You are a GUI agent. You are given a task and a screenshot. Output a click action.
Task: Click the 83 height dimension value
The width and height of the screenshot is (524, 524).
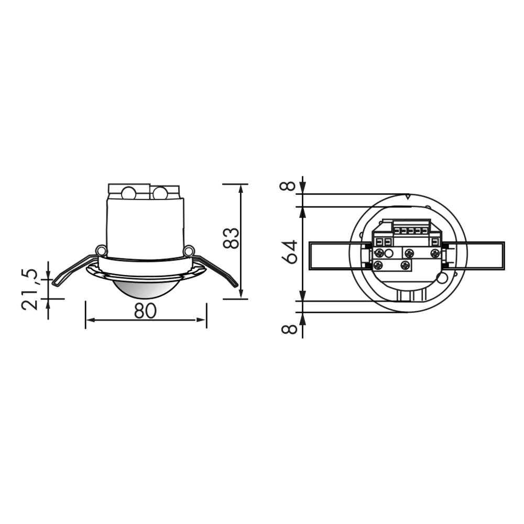point(231,238)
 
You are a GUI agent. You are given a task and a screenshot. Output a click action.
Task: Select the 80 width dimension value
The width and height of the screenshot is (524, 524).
point(145,311)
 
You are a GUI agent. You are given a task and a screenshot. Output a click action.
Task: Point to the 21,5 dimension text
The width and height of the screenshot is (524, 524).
point(30,290)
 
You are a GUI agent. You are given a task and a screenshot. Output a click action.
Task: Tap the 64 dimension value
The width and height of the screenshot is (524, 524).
point(290,252)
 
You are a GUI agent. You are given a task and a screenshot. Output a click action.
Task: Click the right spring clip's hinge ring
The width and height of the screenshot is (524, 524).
point(189,252)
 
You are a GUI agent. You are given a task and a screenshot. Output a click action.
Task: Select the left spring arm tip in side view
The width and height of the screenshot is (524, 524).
point(56,283)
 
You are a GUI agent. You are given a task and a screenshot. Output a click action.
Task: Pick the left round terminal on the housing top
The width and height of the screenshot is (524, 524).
point(128,193)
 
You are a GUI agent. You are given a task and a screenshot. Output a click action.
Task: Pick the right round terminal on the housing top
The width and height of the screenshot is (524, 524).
point(160,193)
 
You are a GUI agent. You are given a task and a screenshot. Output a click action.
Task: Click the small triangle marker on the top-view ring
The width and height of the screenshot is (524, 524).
point(408,197)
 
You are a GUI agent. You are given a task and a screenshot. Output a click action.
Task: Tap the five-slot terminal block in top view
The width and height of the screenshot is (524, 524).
point(411,230)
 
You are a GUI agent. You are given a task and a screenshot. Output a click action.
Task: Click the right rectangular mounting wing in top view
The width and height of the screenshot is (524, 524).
point(485,256)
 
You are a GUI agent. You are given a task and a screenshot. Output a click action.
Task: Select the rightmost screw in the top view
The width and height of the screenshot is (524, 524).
point(434,254)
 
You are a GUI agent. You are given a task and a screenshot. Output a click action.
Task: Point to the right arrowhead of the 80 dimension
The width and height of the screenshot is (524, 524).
point(203,320)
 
